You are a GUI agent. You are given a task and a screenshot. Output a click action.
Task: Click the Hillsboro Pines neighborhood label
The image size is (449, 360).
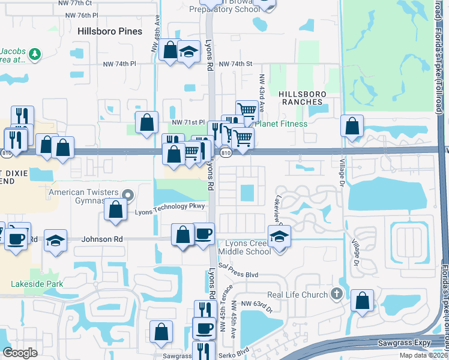point(110,31)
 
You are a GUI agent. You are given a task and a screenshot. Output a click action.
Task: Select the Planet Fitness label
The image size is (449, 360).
point(281,124)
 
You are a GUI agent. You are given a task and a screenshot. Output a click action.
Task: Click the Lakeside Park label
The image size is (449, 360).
point(36,283)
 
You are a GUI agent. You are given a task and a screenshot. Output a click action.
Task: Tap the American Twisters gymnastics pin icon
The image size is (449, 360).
point(127,194)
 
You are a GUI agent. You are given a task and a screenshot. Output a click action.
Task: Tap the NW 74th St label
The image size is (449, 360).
point(237,64)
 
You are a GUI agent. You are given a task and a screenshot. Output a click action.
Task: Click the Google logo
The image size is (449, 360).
point(20,353)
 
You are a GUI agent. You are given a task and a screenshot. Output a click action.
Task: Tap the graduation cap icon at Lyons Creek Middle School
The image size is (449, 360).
point(280,236)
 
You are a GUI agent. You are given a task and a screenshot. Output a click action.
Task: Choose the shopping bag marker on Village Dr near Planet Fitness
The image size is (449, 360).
point(352,126)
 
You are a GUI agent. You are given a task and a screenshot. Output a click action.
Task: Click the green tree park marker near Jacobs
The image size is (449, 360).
point(35,53)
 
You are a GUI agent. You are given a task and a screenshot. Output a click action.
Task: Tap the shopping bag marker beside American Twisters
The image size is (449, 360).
point(116,209)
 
